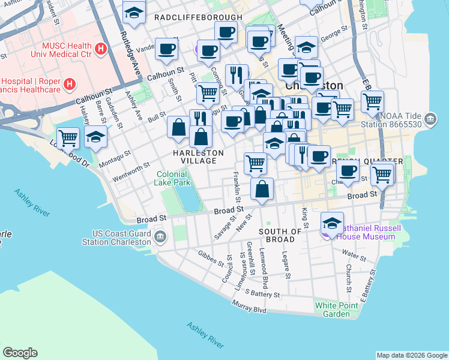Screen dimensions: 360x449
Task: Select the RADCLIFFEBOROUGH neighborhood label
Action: [x=198, y=18]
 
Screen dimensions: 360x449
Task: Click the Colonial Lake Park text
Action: [x=173, y=178]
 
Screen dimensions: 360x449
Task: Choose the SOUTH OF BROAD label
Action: [x=280, y=236]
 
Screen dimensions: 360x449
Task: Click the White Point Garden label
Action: [x=332, y=310]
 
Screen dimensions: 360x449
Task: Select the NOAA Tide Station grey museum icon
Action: [x=430, y=119]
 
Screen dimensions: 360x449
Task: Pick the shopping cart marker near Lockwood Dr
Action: [x=68, y=137]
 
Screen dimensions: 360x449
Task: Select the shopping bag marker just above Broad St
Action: [x=262, y=190]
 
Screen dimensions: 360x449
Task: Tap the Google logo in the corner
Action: [x=20, y=353]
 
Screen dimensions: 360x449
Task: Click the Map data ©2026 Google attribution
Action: [x=412, y=355]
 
